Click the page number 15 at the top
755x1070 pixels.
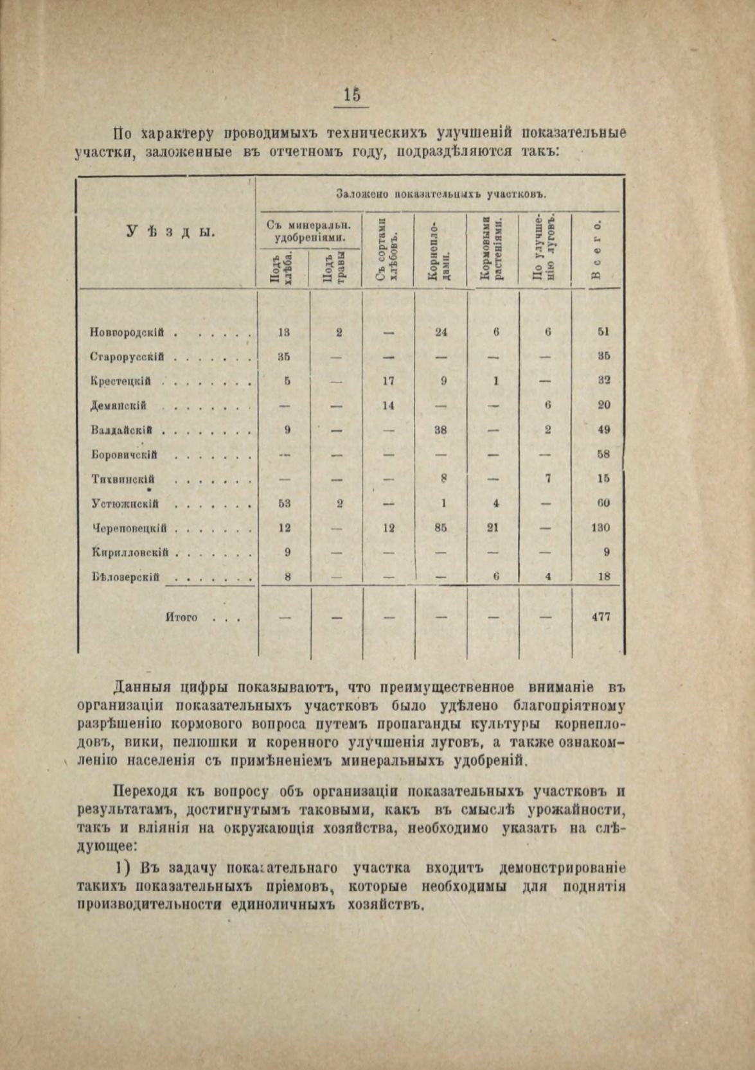351,94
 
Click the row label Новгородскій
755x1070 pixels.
126,333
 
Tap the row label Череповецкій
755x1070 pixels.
129,529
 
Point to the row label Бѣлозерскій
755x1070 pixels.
125,576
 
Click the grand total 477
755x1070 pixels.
600,617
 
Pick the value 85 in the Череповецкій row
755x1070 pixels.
441,528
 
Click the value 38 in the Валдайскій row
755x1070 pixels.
441,430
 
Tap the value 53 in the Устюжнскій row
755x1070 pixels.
285,504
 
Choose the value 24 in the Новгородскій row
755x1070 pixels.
441,332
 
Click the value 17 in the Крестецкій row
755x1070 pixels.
388,381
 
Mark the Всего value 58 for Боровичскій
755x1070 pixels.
603,455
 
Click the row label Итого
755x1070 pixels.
181,618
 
